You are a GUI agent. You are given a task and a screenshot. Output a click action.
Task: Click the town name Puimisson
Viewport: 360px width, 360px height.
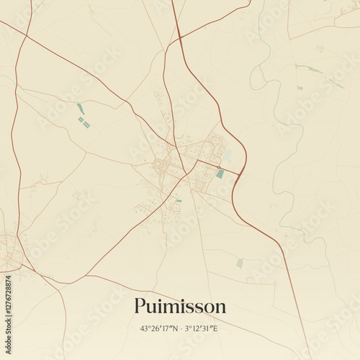point(180,306)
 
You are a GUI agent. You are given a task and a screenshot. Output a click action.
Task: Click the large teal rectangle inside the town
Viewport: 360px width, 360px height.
point(220,174)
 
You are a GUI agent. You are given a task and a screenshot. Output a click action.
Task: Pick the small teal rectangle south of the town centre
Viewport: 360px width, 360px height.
point(179,201)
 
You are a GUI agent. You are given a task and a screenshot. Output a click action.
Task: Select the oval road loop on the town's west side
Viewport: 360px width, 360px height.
point(159,165)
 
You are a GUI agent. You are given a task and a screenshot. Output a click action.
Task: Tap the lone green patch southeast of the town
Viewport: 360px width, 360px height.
point(240,263)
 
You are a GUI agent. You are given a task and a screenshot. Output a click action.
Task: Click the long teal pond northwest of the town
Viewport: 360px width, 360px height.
point(81,109)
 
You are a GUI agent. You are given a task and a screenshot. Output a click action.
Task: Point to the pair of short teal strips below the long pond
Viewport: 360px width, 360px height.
point(84,123)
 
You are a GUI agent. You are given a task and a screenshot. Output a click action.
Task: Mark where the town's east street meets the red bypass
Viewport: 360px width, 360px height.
point(239,174)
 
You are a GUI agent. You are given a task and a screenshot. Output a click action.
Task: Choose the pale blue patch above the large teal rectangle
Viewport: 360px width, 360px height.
point(227,155)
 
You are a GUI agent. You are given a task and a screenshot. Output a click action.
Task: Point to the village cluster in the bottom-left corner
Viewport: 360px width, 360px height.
point(9,252)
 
